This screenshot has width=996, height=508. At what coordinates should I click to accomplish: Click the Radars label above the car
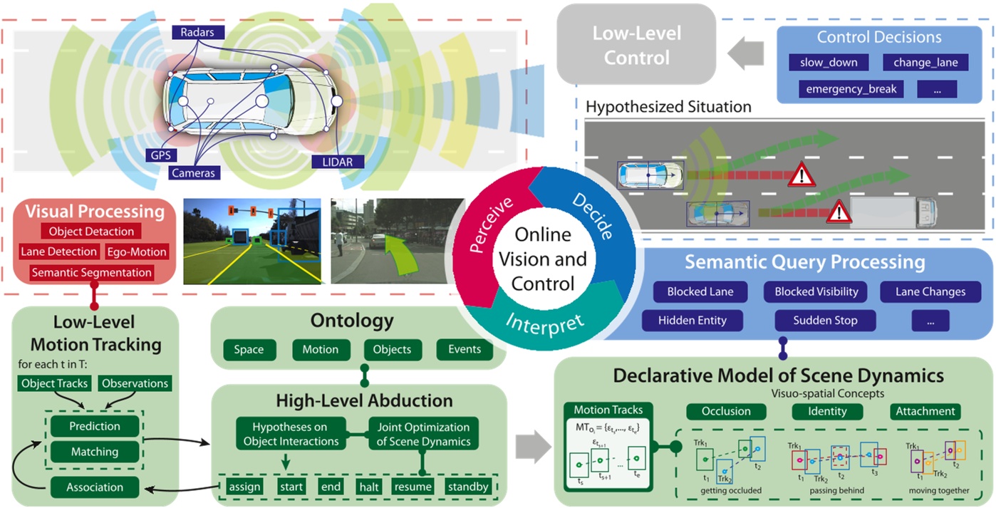198,31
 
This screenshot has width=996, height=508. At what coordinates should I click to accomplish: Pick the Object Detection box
91,232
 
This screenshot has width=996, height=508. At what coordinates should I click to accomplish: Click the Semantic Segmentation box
91,272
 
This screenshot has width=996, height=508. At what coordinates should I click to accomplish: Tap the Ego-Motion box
137,252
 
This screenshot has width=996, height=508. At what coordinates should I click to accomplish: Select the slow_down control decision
824,63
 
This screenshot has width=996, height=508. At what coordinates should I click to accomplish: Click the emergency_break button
851,89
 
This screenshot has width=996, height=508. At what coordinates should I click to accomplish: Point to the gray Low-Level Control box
637,45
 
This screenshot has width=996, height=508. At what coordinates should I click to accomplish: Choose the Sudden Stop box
825,321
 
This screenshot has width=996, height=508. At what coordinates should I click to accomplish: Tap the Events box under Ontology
464,349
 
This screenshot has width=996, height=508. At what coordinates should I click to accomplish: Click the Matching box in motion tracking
94,452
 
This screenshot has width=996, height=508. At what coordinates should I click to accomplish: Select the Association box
94,487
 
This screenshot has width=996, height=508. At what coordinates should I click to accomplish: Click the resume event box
413,487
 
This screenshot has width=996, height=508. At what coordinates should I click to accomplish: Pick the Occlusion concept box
726,411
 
